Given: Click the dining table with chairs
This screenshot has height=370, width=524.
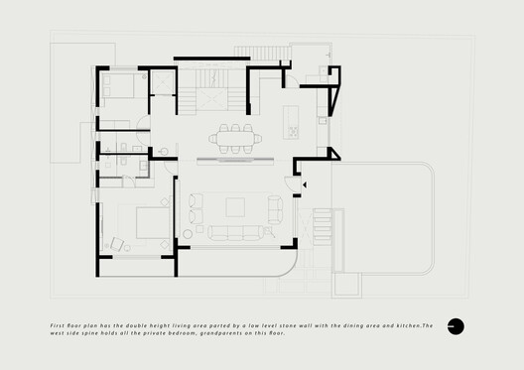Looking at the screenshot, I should pos(235,138).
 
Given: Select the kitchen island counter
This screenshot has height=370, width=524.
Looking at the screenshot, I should pos(292,118).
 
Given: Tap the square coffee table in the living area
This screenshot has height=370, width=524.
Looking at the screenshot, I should pos(235,206).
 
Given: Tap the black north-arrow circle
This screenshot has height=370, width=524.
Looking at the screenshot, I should pos(456,325).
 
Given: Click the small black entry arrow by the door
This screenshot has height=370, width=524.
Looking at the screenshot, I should pos(304,185).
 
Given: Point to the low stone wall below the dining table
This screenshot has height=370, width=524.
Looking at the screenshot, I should pos(234,158).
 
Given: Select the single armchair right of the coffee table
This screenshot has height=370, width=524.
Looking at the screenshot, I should pos(274,206).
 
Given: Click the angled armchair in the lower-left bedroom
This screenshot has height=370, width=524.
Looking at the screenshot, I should pos(119,241).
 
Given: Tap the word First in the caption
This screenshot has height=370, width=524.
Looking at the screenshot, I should pos(59,324).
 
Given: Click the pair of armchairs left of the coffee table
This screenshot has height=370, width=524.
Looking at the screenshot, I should pos(194,206).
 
